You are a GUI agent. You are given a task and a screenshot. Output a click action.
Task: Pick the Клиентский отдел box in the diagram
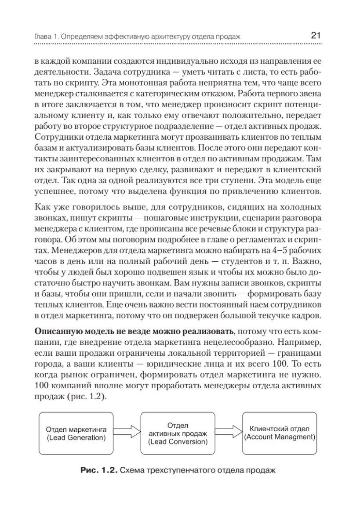click(x=280, y=433)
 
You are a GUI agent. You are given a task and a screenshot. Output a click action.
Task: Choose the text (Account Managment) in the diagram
click(x=280, y=437)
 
